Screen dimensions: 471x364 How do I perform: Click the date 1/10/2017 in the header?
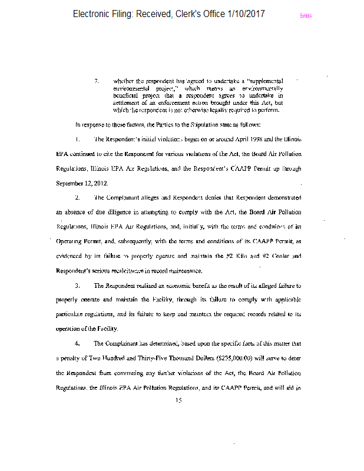(243, 14)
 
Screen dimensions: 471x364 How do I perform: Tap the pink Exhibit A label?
(306, 16)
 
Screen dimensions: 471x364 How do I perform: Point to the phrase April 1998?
(242, 140)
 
